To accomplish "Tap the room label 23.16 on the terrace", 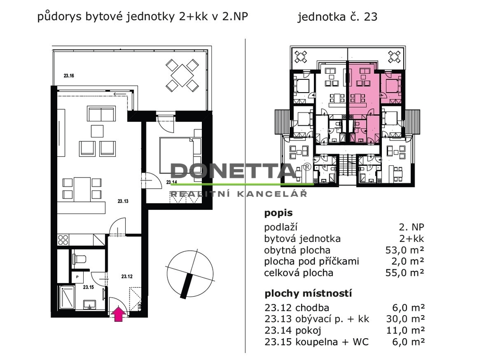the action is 69,76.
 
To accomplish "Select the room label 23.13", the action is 123,201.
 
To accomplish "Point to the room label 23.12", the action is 127,276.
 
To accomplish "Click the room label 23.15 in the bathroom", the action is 88,287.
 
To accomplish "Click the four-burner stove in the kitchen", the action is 63,240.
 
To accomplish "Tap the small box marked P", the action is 77,277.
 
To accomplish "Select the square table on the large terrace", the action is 182,76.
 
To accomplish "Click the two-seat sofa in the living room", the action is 101,114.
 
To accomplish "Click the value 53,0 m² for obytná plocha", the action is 405,250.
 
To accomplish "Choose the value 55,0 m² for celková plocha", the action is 405,273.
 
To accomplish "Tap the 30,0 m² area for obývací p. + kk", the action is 405,319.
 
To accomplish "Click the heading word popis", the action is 278,213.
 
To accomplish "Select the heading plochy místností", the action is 308,293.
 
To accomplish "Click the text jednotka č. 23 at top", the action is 337,17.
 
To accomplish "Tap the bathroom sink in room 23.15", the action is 90,304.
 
